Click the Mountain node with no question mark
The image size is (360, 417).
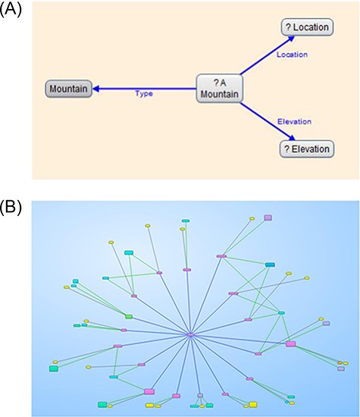pos(69,89)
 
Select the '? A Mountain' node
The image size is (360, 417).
pos(219,89)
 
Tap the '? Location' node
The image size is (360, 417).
pos(306,27)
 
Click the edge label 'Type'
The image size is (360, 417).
pos(143,94)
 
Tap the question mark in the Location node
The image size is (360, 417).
pos(288,28)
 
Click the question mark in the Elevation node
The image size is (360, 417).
pos(286,149)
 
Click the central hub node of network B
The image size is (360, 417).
pos(191,334)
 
